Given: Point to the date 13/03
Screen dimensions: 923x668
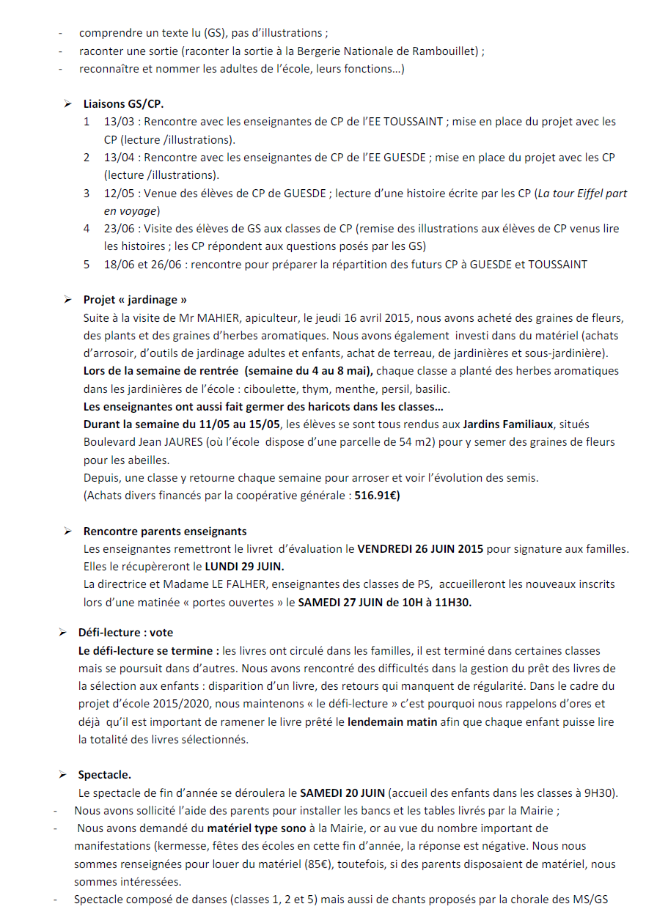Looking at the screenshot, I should (120, 122).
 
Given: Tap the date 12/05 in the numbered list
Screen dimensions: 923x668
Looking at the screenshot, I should (120, 194).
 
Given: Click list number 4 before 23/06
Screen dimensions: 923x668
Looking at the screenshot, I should (87, 229).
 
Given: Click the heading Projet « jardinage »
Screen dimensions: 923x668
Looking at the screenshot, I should (135, 300).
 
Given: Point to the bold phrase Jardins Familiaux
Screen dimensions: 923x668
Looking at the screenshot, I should (508, 424).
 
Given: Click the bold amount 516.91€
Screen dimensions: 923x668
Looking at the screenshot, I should (378, 496).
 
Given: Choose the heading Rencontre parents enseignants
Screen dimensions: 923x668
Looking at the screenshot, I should (165, 532).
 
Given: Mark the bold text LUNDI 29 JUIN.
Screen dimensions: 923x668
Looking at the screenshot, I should (244, 567).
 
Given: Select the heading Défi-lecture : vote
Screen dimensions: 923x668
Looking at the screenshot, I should (125, 632).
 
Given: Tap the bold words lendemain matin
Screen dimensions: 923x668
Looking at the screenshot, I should (392, 722).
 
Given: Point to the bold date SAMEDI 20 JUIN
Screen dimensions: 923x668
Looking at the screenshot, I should (342, 793).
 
